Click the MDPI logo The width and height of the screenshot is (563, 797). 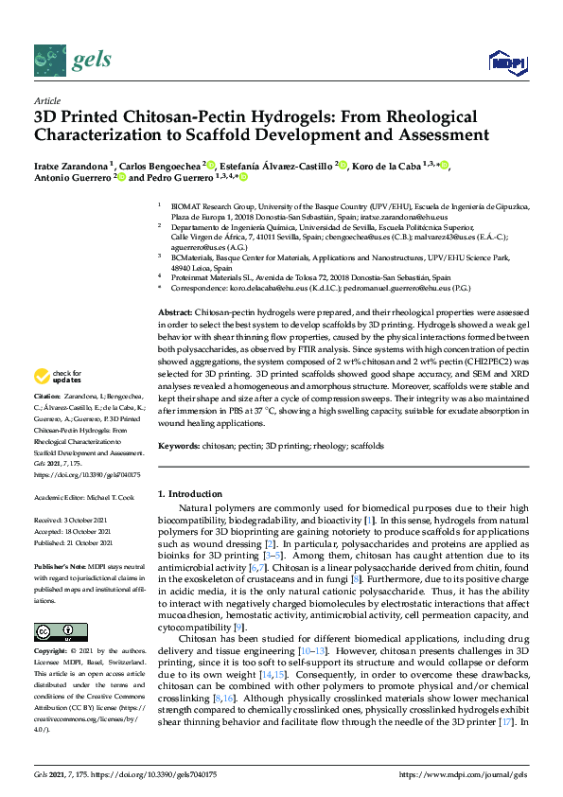click(x=506, y=62)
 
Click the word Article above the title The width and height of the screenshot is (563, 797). click(x=46, y=99)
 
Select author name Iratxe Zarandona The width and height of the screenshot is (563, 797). click(x=73, y=167)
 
